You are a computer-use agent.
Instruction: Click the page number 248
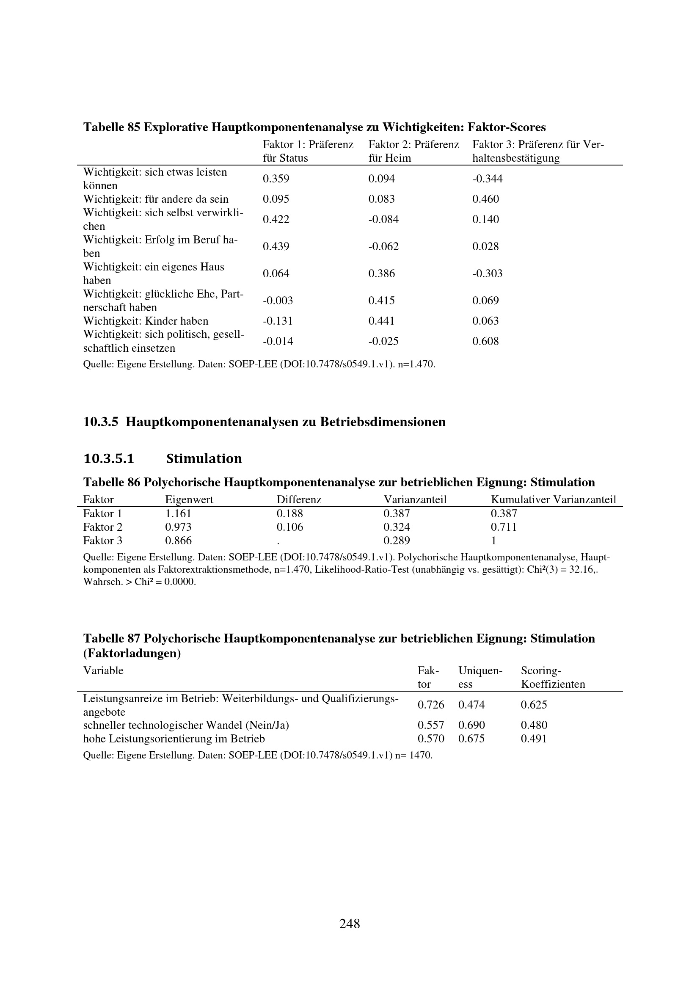350,924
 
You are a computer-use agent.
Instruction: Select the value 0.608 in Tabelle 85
485,342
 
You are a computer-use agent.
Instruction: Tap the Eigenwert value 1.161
178,513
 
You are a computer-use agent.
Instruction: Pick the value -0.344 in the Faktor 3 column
487,179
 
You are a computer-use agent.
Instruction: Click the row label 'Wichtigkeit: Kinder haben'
146,321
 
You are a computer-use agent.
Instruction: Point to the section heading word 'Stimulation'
204,458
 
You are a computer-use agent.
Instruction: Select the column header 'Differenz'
299,500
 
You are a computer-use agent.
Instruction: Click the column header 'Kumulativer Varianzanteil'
554,500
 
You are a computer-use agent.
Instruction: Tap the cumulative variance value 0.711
504,527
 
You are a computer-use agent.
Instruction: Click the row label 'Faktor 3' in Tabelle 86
102,541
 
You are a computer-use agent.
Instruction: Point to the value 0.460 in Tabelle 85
485,199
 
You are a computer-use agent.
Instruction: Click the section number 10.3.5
100,422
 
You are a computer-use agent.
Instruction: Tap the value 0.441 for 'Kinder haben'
381,321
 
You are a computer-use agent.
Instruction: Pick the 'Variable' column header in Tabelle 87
103,670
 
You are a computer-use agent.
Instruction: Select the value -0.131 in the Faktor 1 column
278,321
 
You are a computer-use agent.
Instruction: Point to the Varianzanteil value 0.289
397,541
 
